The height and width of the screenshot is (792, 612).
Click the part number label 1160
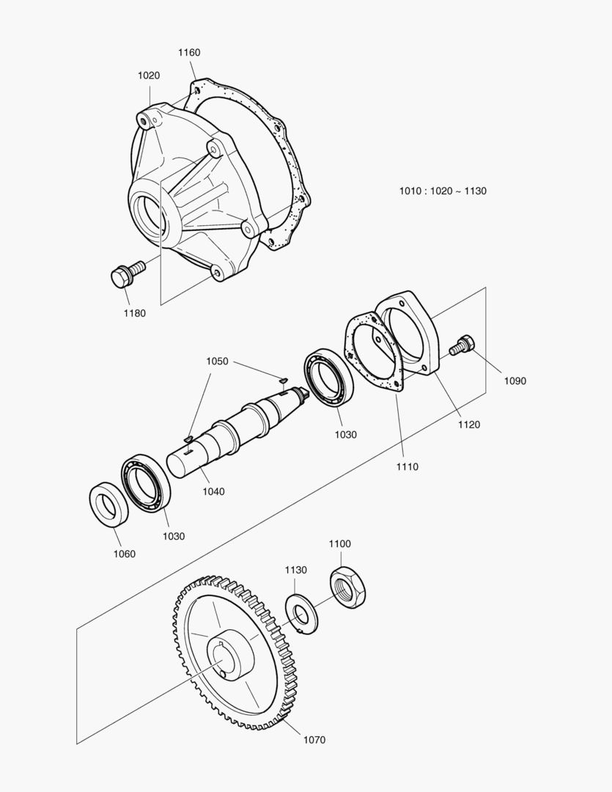point(189,53)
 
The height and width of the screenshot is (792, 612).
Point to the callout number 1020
point(149,76)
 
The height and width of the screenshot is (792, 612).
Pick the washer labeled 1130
point(301,615)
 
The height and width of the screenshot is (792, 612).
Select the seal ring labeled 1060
point(106,504)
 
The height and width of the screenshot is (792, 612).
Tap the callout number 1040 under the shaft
point(214,491)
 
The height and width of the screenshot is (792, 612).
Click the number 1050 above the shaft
point(217,362)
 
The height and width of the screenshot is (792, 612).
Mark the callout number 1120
point(468,425)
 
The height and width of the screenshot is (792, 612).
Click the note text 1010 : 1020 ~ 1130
point(443,191)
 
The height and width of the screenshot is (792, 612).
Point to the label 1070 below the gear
point(314,740)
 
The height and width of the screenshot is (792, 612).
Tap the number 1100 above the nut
point(339,544)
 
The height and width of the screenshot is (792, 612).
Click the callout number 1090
point(515,381)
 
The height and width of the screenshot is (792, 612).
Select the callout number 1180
point(134,314)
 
